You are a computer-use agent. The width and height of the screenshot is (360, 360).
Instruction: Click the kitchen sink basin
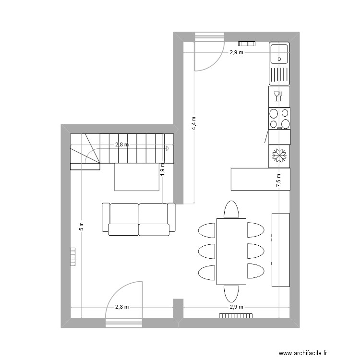tap(279, 54)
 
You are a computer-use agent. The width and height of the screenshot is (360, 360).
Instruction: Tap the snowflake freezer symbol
tap(279, 156)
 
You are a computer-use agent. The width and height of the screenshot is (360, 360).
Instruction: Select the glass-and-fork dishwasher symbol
tap(278, 96)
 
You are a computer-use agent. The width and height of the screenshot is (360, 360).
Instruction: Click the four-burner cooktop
tap(279, 119)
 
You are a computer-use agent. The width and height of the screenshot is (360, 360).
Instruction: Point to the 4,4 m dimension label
tap(194, 123)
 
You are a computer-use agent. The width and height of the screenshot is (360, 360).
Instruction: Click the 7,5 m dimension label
tap(279, 180)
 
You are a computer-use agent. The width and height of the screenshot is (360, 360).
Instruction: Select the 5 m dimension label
tap(82, 227)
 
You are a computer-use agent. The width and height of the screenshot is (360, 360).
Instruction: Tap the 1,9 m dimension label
tap(163, 169)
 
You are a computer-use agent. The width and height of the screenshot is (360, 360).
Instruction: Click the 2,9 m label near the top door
tap(237, 52)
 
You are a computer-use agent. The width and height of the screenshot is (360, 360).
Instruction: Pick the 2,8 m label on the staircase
tap(122, 144)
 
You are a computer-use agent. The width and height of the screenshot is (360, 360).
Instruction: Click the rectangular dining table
tap(231, 252)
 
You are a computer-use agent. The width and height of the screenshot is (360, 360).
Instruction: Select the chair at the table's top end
tap(231, 209)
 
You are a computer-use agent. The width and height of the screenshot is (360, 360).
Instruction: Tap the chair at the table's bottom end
tap(231, 294)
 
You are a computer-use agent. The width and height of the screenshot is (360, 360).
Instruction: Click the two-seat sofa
tap(138, 219)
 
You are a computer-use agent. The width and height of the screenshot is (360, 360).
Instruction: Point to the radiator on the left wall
tap(73, 257)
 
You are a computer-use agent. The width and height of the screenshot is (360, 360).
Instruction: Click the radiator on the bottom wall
tap(236, 316)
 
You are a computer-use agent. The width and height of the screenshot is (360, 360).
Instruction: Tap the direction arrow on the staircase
tap(168, 148)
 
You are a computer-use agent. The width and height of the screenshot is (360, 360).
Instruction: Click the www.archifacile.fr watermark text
tap(302, 353)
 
